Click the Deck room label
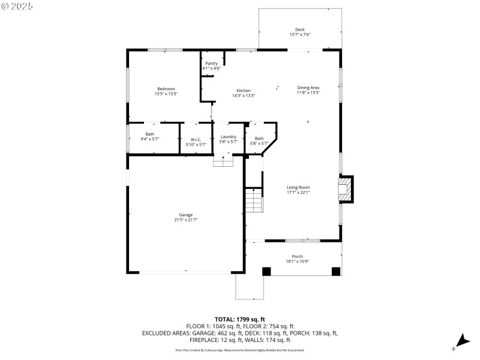tap(299, 29)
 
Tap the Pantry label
tap(211, 63)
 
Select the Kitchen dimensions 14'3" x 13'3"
tap(244, 95)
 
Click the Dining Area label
tap(308, 88)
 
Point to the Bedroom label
tap(166, 89)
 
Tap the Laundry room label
tap(229, 136)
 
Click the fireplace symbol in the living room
tap(345, 189)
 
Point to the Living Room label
tap(298, 187)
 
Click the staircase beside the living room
tap(254, 200)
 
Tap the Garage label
tap(185, 215)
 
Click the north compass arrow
tap(461, 340)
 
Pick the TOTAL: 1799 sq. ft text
tap(240, 319)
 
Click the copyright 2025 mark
tap(18, 5)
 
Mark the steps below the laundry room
tap(223, 161)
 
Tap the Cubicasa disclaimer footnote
tap(240, 350)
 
